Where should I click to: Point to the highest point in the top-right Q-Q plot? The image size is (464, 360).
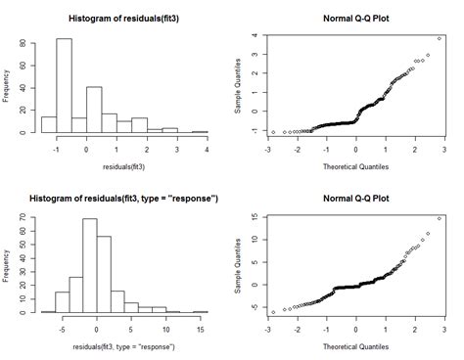(440, 38)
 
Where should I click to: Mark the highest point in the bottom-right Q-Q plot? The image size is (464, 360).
(440, 219)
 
